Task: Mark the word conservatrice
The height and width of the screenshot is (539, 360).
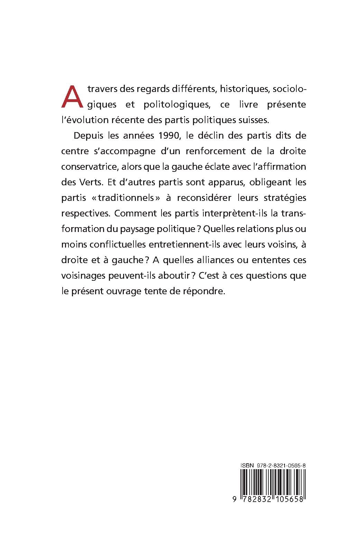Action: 90,167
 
